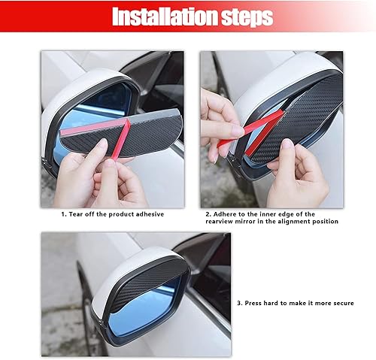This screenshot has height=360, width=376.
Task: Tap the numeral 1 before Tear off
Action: coord(63,214)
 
